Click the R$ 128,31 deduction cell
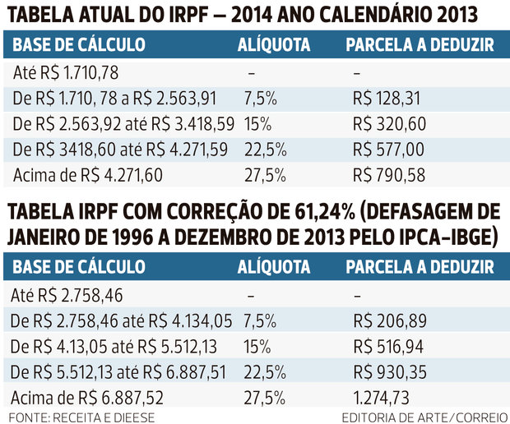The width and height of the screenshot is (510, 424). pos(386,99)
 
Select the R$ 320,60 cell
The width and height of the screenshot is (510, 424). pos(389,124)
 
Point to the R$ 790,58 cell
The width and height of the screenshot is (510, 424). pos(388,175)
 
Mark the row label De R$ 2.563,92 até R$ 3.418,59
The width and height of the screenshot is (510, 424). pos(124,124)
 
